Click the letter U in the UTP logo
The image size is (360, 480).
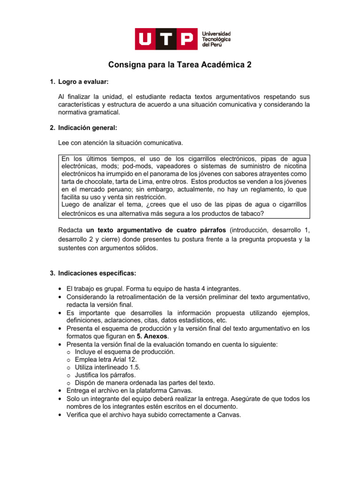(x=148, y=39)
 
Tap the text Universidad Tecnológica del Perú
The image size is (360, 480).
(x=216, y=39)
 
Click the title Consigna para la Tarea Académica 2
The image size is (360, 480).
(x=180, y=65)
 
